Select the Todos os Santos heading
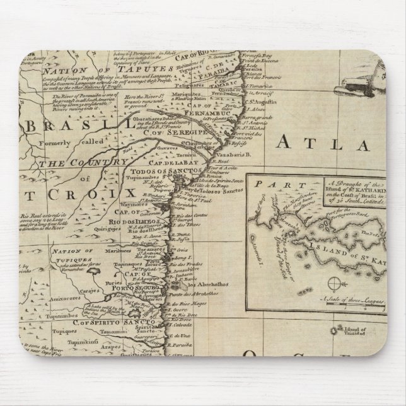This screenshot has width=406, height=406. tap(154, 170)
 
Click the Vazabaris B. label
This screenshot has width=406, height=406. tap(219, 154)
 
